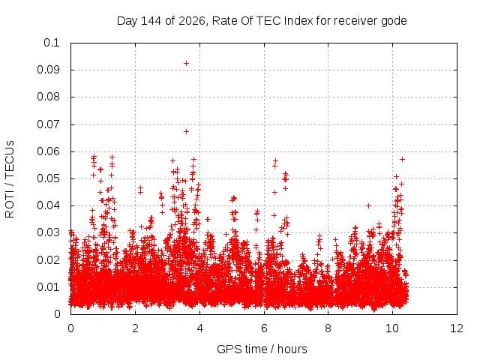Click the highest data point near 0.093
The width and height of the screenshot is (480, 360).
point(186,63)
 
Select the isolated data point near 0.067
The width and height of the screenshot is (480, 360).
point(186,132)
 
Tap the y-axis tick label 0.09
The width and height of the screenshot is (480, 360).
point(48,70)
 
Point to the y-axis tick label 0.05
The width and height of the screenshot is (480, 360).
point(48,178)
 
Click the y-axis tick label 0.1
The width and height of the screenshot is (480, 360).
point(52,43)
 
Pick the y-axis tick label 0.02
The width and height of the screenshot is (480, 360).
point(48,260)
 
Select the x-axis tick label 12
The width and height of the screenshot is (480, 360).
point(457,328)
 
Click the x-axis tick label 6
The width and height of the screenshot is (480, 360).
point(264,328)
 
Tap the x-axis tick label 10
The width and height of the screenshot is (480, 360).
point(392,328)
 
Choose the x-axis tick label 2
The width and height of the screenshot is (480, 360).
point(135,328)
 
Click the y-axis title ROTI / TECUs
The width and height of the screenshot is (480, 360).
point(10,179)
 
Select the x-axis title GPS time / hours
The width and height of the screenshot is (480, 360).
point(262,349)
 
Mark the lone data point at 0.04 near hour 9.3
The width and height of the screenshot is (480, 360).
point(369,206)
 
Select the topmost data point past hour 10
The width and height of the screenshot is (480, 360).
point(402,159)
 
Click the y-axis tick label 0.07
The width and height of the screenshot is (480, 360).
point(48,124)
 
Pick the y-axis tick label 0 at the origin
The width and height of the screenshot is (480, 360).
point(57,314)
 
